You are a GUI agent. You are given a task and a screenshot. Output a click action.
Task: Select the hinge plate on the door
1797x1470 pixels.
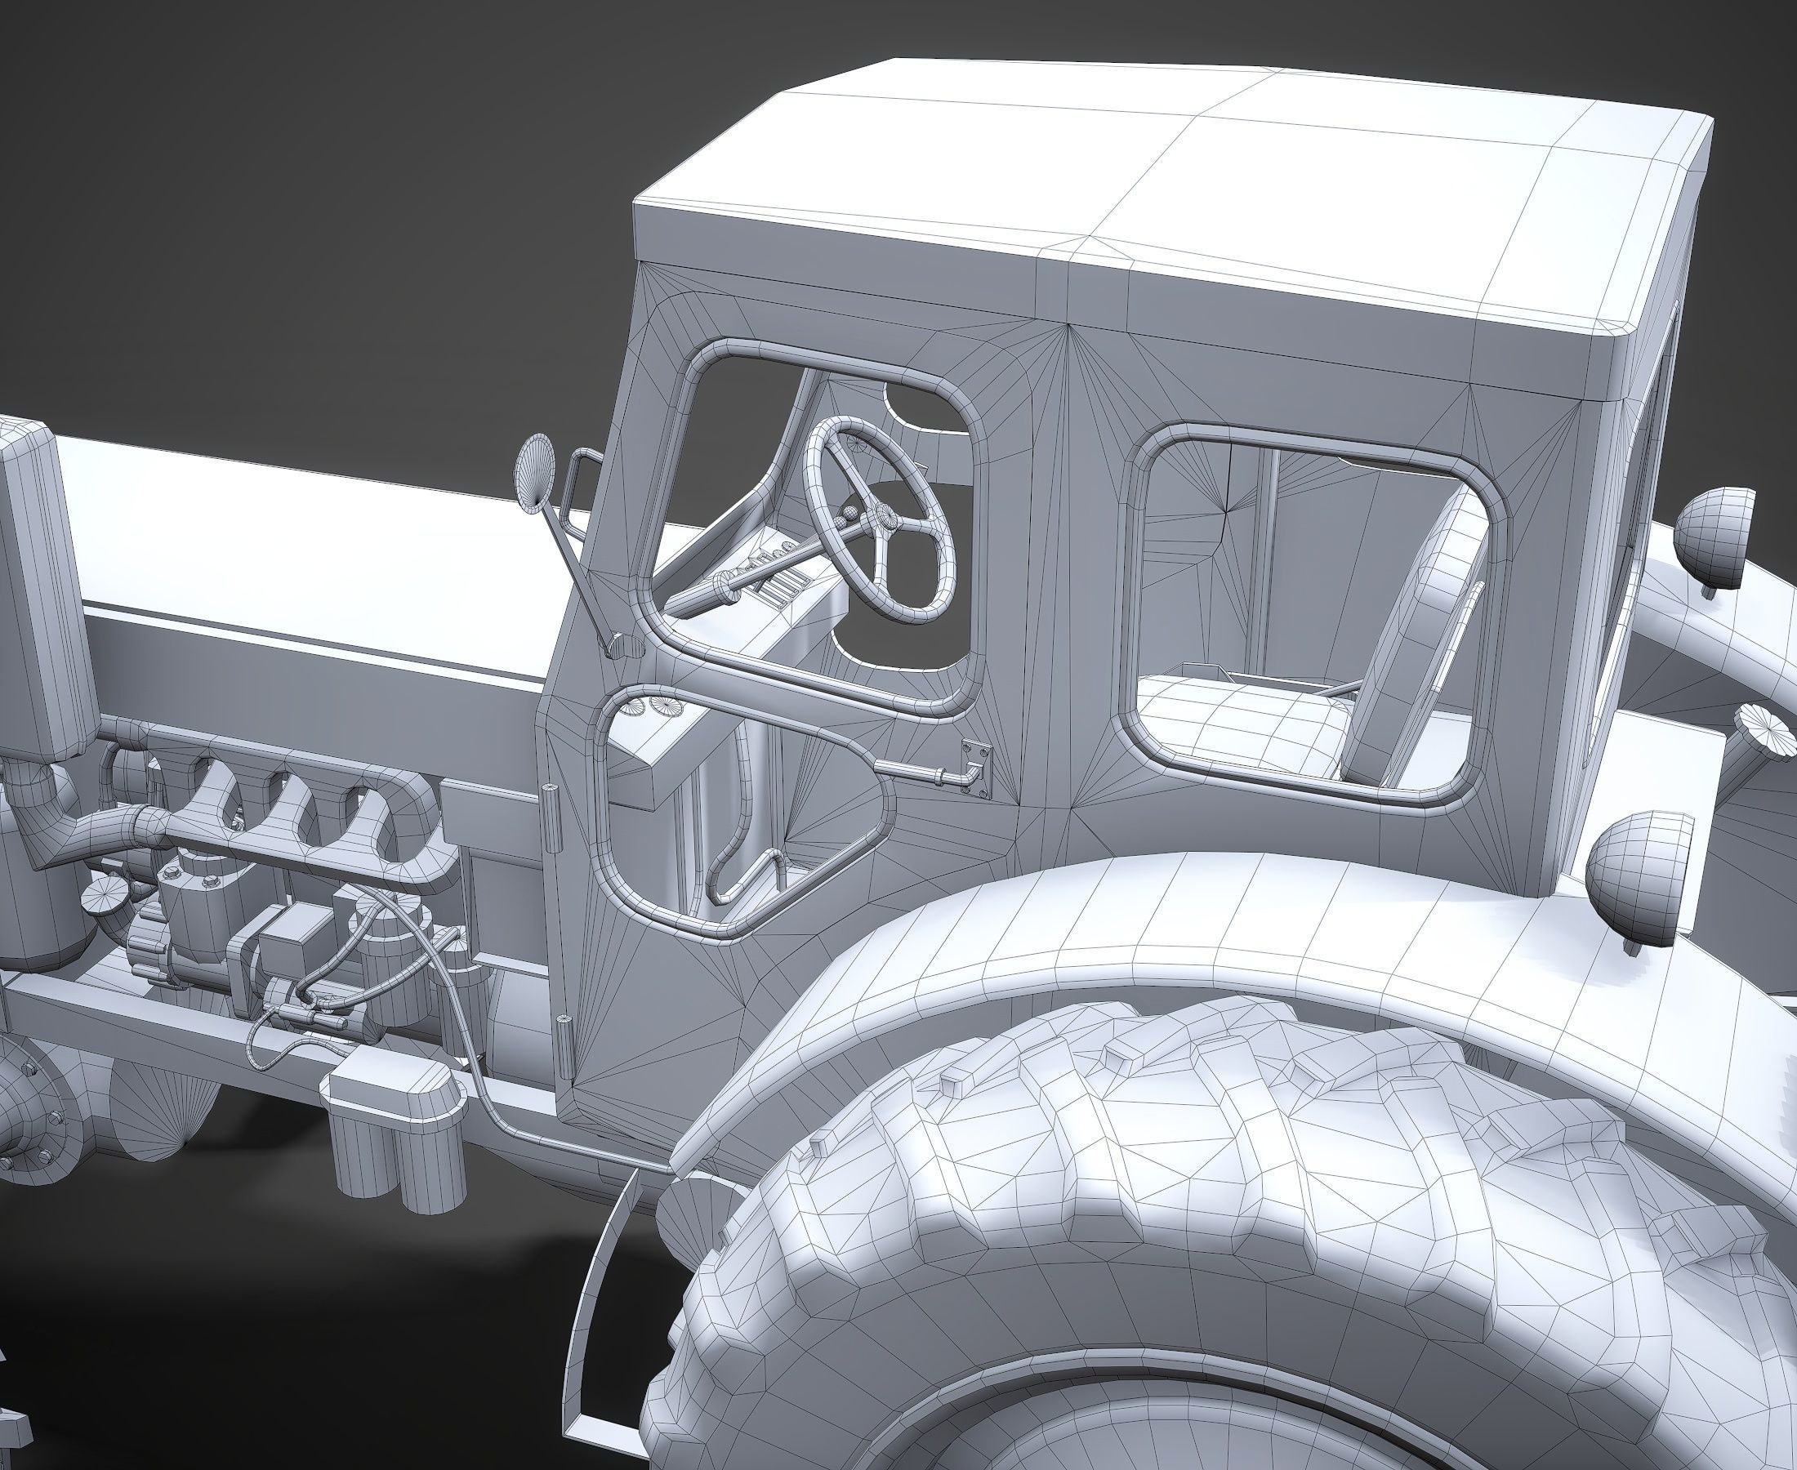976,767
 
